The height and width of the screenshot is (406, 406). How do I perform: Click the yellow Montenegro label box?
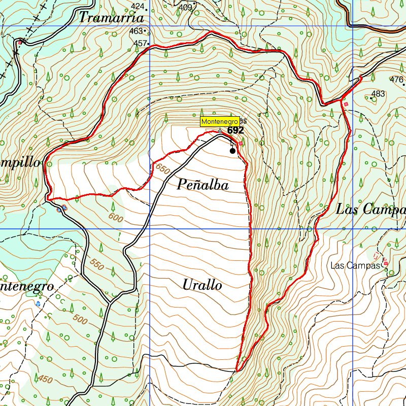[x=219, y=122]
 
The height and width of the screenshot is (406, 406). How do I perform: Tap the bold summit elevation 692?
[x=235, y=130]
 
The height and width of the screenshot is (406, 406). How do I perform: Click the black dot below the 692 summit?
[x=232, y=151]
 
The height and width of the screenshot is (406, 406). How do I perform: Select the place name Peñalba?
[x=203, y=185]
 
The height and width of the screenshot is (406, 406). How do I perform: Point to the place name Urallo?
[x=202, y=285]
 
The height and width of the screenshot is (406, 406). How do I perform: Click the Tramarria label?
[x=112, y=17]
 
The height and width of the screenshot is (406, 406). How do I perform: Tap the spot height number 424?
[x=137, y=6]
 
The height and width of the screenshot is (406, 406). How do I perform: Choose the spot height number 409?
[x=185, y=7]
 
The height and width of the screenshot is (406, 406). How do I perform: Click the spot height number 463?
[x=136, y=31]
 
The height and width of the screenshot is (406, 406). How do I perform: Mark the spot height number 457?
[x=139, y=43]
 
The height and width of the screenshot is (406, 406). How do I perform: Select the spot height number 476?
[x=396, y=79]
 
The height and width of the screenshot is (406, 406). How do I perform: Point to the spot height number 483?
[x=378, y=93]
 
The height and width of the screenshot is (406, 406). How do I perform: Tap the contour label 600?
[x=116, y=217]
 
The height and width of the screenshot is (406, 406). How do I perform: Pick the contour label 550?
[x=97, y=263]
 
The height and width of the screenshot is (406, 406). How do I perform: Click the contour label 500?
[x=80, y=319]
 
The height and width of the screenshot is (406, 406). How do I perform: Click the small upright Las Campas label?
[x=355, y=265]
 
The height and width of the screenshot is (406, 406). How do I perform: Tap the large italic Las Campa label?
[x=370, y=209]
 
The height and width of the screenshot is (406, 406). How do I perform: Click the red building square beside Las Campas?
[x=386, y=263]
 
